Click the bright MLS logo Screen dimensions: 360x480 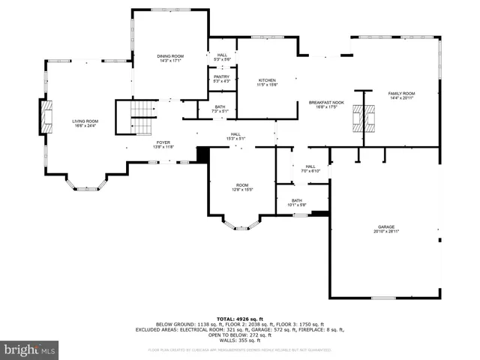29,349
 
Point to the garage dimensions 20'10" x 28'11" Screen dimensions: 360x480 386,232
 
